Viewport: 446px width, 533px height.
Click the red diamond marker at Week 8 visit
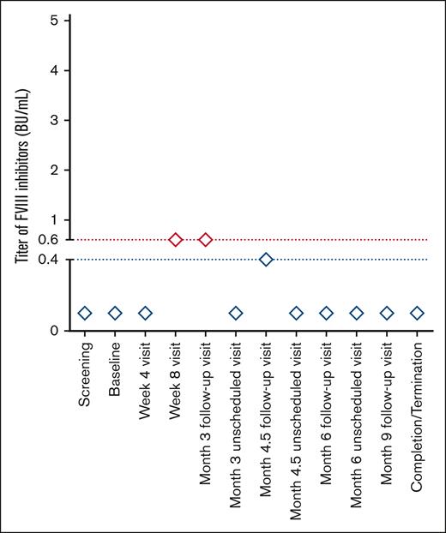(x=175, y=239)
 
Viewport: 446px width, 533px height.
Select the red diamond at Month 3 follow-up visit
(x=206, y=239)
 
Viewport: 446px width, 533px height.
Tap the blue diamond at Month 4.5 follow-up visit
(x=266, y=259)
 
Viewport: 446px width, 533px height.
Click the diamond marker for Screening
(x=85, y=313)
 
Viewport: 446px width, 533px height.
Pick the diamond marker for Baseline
(x=115, y=313)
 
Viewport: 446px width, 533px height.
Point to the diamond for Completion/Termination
(x=417, y=313)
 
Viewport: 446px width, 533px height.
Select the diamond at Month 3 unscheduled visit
(x=236, y=313)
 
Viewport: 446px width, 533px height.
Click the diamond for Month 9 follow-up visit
(x=387, y=313)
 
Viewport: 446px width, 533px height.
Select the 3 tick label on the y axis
(x=53, y=120)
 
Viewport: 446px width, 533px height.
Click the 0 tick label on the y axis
(x=53, y=331)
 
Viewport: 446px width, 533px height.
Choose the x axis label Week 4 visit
(x=146, y=377)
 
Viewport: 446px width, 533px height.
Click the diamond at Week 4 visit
(x=145, y=313)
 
